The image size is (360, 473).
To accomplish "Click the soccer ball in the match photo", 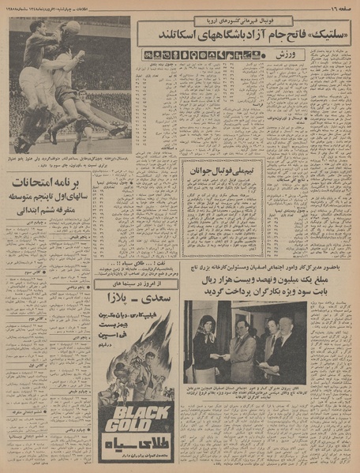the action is [72, 28].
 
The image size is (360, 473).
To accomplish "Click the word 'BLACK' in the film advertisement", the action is [128, 413].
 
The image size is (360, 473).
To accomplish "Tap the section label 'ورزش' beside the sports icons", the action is [290, 54].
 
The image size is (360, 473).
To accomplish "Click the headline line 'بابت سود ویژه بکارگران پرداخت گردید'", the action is [246, 291].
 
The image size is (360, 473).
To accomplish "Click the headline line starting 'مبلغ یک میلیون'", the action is [246, 278].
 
